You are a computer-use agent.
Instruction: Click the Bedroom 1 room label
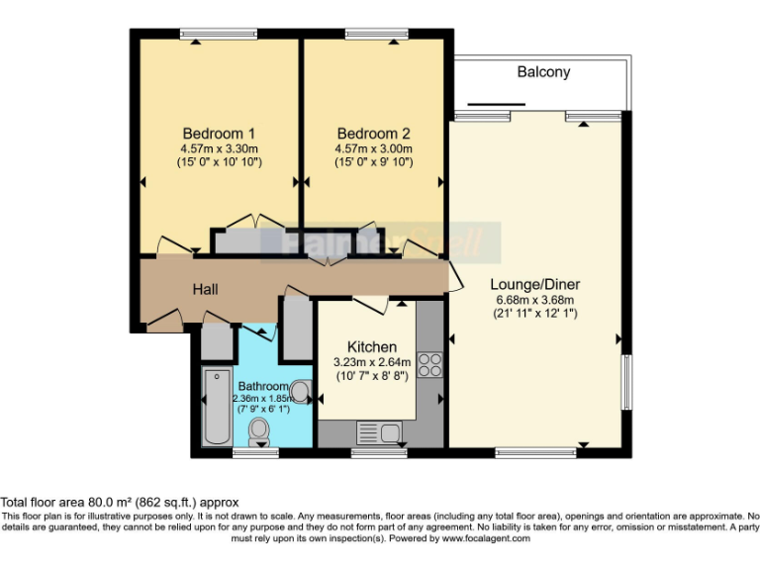[220, 134]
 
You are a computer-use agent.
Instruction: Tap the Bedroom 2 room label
[373, 134]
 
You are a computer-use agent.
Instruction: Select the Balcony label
[543, 72]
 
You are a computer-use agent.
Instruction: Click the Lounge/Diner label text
[534, 283]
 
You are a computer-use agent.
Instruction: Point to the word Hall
[205, 289]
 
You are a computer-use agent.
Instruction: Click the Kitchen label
[372, 346]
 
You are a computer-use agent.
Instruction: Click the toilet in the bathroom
[260, 429]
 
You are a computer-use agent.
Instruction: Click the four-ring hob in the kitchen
[429, 364]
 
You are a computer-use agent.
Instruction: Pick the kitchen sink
[376, 432]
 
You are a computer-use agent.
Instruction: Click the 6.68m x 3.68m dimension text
[534, 299]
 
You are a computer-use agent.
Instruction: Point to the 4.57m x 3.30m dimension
[220, 148]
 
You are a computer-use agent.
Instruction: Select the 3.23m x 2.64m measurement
[372, 362]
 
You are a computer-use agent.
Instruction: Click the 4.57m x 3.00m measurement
[373, 148]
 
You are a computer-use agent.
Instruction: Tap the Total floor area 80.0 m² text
[119, 503]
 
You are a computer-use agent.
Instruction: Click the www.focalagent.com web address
[491, 540]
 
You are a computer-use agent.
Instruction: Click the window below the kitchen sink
[379, 453]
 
